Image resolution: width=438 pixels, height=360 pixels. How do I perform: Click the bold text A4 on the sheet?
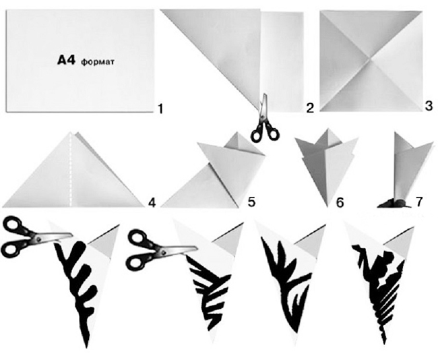(x=66, y=61)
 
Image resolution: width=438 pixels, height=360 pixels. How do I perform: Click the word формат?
(x=98, y=62)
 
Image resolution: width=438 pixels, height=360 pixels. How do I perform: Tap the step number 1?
(x=160, y=109)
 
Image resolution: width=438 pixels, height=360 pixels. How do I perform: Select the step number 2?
(x=310, y=108)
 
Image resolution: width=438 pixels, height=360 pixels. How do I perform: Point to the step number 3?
(x=429, y=106)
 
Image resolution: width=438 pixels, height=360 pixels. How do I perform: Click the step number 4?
(x=152, y=203)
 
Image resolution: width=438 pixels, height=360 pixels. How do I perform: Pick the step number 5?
(x=251, y=202)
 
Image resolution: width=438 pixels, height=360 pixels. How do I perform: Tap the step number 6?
(x=340, y=203)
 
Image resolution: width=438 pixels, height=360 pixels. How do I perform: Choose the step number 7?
(x=418, y=202)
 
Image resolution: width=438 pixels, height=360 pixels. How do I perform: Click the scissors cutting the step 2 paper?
(x=264, y=120)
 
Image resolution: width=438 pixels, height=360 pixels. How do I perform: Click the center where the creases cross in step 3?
(x=371, y=59)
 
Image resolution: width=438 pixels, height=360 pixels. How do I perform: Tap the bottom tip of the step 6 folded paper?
(x=327, y=207)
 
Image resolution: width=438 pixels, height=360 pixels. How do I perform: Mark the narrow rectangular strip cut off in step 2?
(x=282, y=62)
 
